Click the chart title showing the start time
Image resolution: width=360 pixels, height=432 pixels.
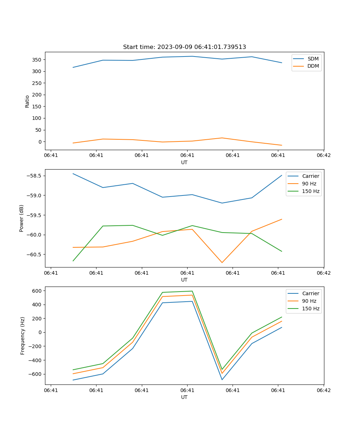coord(184,47)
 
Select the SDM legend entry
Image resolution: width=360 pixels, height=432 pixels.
coord(313,59)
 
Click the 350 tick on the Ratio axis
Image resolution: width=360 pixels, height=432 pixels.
coord(37,59)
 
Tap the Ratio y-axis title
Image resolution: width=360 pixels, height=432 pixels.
coord(27,101)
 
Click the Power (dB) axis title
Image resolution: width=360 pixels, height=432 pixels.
coord(22,218)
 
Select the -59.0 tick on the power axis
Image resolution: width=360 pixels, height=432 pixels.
coord(34,195)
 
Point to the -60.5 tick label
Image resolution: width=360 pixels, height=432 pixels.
coord(34,255)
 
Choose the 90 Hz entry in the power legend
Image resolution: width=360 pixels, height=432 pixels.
coord(309,184)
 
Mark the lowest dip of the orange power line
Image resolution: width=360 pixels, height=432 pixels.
coord(222,262)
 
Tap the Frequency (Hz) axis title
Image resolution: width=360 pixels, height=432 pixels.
coord(23,336)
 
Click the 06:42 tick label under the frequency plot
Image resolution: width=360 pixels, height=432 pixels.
coord(324,390)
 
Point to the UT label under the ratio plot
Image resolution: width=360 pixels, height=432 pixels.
coord(184,162)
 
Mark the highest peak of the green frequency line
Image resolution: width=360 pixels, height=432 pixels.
coord(192,291)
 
